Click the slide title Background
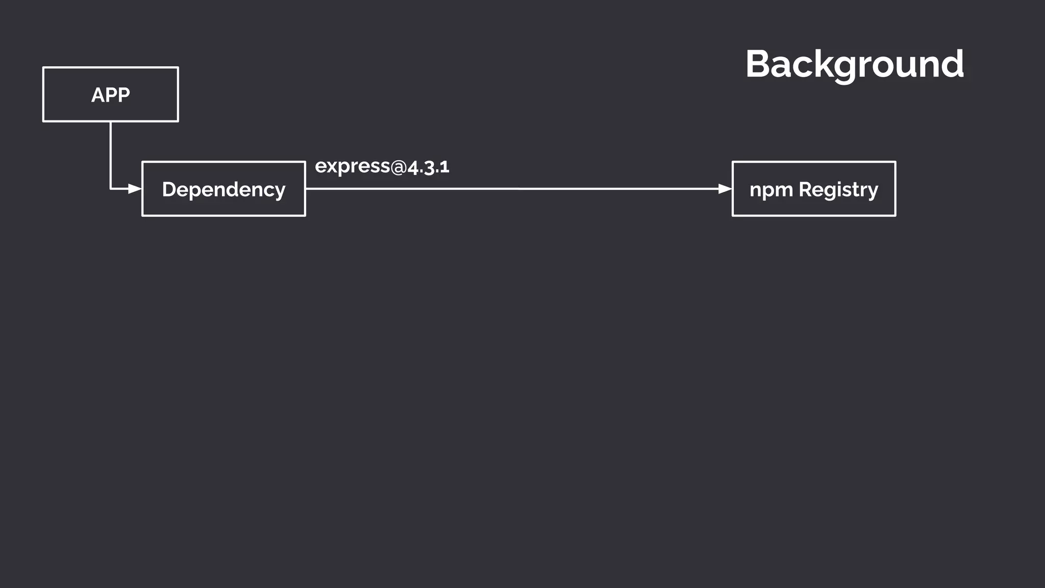tap(855, 64)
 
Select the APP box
tap(111, 94)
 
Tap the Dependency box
tap(223, 189)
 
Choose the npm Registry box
tap(814, 189)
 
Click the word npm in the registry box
tap(770, 190)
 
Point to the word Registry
tap(838, 190)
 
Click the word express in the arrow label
tap(352, 166)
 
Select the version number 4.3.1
tap(429, 167)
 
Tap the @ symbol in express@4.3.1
tap(399, 167)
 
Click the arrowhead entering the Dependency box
tap(135, 189)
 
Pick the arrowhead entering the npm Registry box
tap(725, 189)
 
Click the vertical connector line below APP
tap(111, 153)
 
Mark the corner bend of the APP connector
tap(111, 189)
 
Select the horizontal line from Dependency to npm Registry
tap(510, 189)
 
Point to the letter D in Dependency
tap(169, 189)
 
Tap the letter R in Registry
tap(805, 189)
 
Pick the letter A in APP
tap(98, 95)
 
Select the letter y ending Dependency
tap(280, 192)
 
